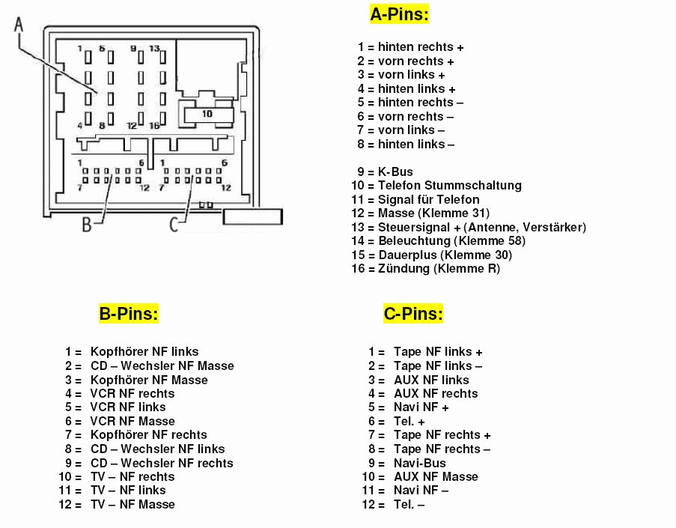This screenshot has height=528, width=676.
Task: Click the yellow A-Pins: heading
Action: pos(400,14)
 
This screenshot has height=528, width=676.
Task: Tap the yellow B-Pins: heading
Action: pos(129,314)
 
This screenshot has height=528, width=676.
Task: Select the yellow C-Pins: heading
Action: pos(413,314)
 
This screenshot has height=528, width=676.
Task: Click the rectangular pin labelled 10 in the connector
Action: pos(207,114)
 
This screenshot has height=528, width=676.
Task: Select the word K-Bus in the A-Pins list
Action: pos(395,172)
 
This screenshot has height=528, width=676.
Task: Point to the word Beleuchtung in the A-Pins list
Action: pos(414,240)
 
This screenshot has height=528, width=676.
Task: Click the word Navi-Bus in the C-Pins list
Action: pos(420,463)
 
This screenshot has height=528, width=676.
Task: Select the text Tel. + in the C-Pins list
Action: pos(409,421)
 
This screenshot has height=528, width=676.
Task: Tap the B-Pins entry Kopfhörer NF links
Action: pos(144,351)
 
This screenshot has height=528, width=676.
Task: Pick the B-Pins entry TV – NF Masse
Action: pos(133,504)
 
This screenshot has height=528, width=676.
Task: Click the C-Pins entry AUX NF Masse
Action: pos(436,476)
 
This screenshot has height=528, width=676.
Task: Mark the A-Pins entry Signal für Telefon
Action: pos(429,199)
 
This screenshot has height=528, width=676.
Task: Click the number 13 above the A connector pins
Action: pos(154,49)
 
